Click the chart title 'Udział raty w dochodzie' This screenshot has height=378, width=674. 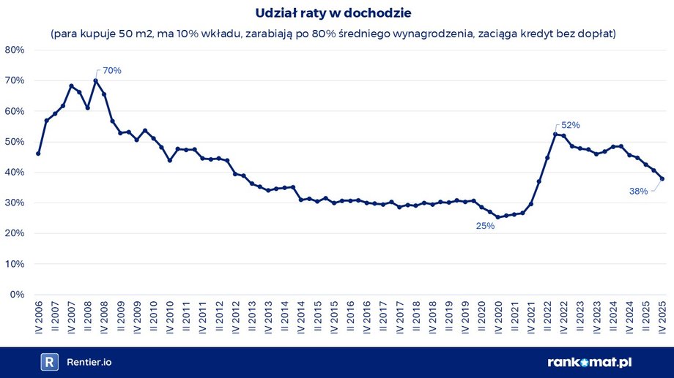click(338, 13)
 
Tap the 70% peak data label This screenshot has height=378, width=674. click(111, 71)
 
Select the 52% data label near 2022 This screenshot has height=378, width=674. click(571, 125)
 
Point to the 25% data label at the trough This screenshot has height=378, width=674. click(486, 226)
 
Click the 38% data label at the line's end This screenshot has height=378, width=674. click(638, 192)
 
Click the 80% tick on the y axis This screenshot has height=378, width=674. click(15, 50)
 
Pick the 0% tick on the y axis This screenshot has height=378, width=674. click(18, 295)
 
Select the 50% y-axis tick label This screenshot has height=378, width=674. click(15, 142)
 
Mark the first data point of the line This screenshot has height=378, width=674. click(38, 154)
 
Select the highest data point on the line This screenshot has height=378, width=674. click(95, 80)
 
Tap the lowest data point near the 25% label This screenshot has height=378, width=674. click(498, 217)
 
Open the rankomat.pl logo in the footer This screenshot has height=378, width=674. click(589, 362)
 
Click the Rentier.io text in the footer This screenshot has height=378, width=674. click(89, 362)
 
